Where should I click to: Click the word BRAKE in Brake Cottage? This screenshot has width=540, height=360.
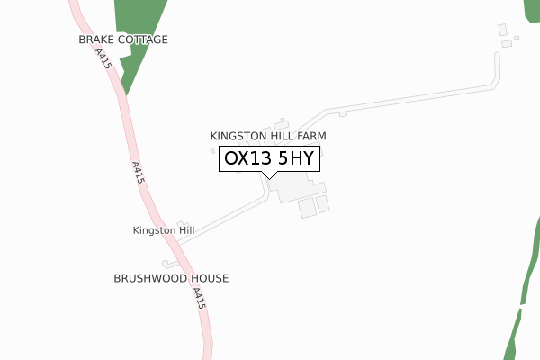point(95,40)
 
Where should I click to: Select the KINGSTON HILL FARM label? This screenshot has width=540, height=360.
point(268,136)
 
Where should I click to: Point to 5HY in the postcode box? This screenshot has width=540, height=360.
point(294,159)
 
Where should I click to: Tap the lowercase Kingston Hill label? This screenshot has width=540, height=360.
point(164,230)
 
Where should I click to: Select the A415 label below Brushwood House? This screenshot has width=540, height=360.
point(199,299)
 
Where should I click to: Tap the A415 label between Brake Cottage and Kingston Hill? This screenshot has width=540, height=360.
point(137,174)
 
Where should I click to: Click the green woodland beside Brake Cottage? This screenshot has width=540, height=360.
point(139,22)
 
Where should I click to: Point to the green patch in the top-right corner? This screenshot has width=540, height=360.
point(531,9)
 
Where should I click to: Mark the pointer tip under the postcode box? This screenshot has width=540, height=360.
point(268,177)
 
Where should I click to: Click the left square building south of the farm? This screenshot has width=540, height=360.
point(307,208)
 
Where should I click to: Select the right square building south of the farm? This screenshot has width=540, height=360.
point(323,204)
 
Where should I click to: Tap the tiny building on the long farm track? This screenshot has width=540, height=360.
point(343,114)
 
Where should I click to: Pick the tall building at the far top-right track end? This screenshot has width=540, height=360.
point(502,30)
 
